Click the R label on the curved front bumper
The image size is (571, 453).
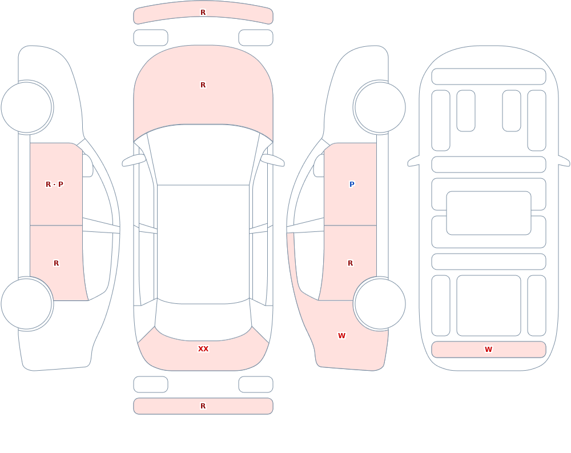point(203,13)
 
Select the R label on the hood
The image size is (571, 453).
point(203,85)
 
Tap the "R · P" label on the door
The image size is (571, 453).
point(54,185)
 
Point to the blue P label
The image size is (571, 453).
point(352,185)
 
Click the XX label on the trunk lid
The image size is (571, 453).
point(203,349)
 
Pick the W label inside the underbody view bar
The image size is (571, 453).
point(488,350)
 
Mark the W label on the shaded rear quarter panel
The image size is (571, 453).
point(341,336)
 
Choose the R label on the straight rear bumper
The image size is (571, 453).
point(203,406)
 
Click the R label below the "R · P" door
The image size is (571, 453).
point(56,263)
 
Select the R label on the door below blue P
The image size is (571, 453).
point(351,263)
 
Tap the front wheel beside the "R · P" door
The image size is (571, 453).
point(27,107)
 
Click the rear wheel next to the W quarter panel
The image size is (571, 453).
point(380,303)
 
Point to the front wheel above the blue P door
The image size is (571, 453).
point(380,107)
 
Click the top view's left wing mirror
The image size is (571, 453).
point(133,160)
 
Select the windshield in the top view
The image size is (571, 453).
point(203,155)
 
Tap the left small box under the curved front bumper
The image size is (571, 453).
point(151,38)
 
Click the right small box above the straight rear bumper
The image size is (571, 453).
point(256,384)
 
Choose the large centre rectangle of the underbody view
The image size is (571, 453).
point(489,213)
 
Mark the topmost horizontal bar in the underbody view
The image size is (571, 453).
point(489,77)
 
